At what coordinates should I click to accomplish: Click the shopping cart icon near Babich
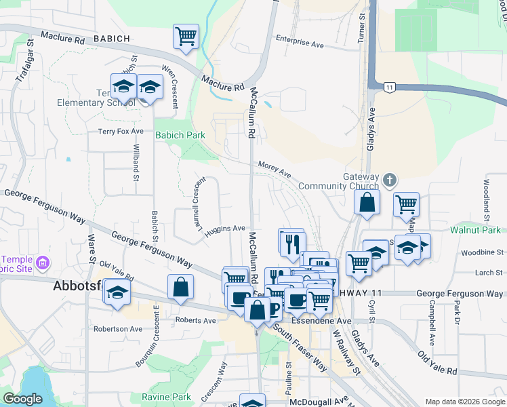[x=186, y=37]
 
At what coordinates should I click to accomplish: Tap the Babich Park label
[x=180, y=135]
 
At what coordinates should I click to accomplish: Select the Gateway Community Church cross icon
[x=389, y=180]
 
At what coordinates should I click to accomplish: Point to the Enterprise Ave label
[x=300, y=43]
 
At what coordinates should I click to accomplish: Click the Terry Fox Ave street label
[x=121, y=131]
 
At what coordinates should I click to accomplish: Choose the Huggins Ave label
[x=224, y=229]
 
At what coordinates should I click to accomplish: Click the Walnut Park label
[x=475, y=230]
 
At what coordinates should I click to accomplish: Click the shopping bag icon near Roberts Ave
[x=181, y=288]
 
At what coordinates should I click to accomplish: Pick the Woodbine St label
[x=479, y=252]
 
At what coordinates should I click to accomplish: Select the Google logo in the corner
[x=22, y=399]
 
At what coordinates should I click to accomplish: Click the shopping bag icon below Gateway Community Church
[x=366, y=203]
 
